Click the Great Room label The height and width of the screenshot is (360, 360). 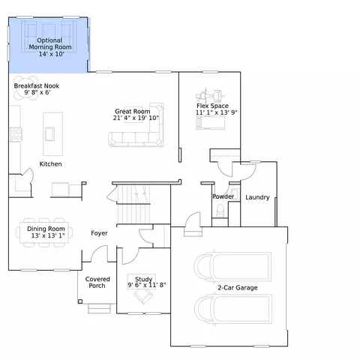[133, 111]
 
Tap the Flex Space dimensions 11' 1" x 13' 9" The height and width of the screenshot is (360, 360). [216, 112]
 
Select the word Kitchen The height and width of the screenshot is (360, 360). [50, 164]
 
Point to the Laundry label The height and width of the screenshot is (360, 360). [257, 197]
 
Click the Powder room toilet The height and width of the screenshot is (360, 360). [220, 210]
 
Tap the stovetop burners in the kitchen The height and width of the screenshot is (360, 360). [16, 134]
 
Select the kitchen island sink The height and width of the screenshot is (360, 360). [49, 134]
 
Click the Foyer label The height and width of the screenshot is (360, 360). [99, 233]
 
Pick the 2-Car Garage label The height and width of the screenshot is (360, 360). [238, 287]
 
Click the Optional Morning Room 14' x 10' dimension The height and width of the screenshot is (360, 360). [51, 54]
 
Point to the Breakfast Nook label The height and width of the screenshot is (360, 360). [37, 85]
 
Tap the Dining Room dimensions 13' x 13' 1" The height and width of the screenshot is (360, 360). [48, 235]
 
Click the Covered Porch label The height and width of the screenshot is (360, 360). [97, 282]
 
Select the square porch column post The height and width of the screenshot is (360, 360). [80, 301]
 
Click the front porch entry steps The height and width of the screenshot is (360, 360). [99, 309]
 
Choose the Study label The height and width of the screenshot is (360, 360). [143, 279]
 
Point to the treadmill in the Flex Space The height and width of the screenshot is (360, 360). [211, 123]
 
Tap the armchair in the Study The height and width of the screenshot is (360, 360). [143, 295]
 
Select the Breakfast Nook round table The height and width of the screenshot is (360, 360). [25, 88]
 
